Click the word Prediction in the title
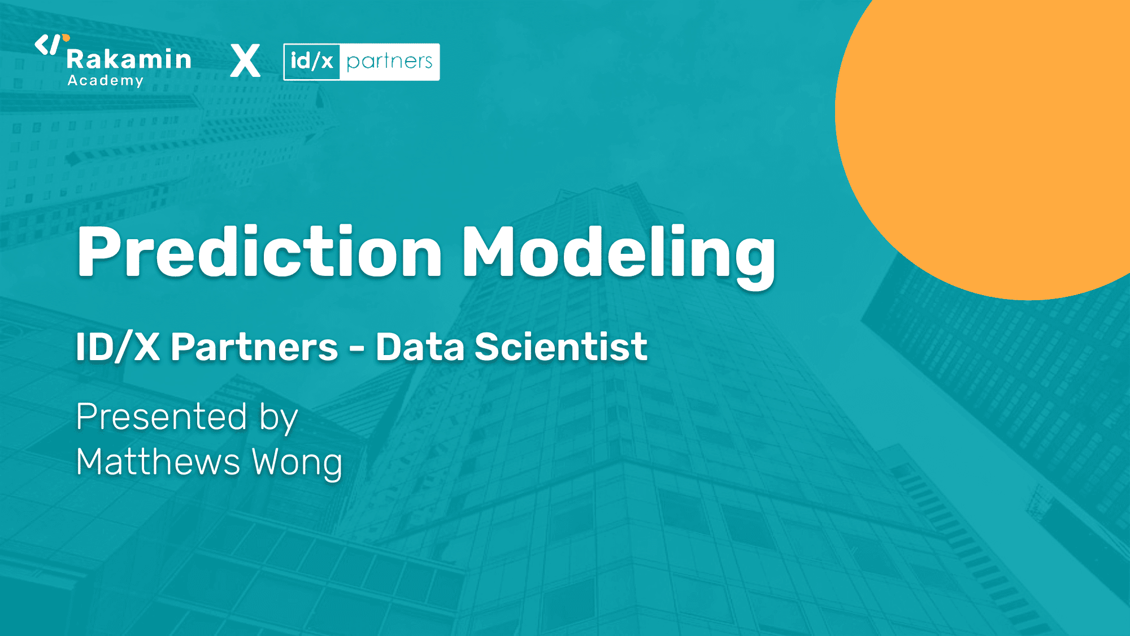[x=259, y=252]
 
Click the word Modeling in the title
[x=619, y=253]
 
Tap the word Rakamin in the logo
[x=129, y=59]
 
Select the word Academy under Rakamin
[x=106, y=81]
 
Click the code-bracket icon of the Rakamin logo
[x=47, y=45]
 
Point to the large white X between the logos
[x=245, y=61]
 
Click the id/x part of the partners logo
[x=312, y=61]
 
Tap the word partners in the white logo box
[x=389, y=61]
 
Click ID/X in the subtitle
[x=118, y=347]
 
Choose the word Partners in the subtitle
[x=254, y=347]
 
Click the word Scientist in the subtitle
[x=561, y=347]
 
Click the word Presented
[x=162, y=417]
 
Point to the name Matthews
[x=158, y=462]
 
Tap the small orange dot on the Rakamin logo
[x=66, y=38]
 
